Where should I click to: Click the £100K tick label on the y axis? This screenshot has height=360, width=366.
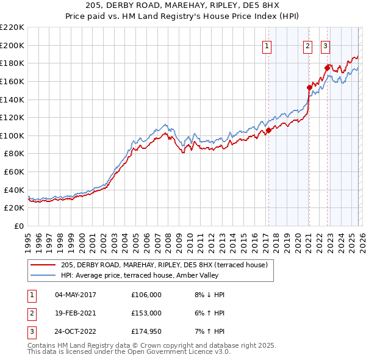(12, 135)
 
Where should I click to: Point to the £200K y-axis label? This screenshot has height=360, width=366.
(12, 45)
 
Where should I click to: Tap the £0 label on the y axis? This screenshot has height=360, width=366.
(18, 226)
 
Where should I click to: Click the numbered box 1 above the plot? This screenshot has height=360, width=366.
(267, 45)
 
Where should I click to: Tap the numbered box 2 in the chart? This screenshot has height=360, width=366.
(308, 45)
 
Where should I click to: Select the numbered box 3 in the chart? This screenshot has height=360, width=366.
(326, 45)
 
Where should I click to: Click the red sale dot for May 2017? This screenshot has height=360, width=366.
(268, 130)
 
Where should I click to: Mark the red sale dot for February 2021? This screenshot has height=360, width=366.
(309, 87)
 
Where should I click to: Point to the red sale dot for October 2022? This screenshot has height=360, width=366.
(327, 67)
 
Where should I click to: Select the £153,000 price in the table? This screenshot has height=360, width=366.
(146, 313)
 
